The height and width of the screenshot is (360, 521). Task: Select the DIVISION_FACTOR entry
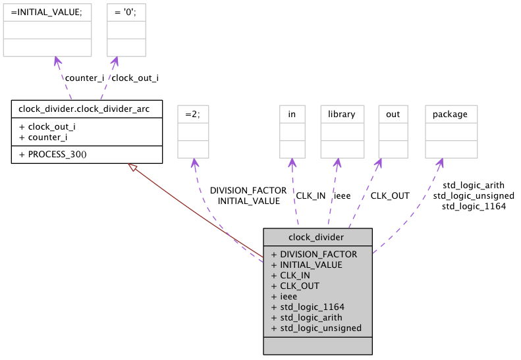(318, 254)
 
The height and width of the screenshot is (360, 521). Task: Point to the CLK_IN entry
(295, 275)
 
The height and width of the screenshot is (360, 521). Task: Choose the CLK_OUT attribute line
(298, 286)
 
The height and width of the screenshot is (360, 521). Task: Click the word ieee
(288, 296)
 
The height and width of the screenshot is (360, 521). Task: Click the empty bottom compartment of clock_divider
(317, 345)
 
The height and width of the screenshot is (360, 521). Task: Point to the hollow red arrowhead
(132, 168)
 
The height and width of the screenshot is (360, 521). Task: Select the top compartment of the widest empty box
(47, 13)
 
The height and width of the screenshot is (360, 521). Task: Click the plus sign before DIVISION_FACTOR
(273, 254)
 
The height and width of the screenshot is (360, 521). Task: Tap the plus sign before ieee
(273, 296)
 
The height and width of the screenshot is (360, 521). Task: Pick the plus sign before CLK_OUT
(273, 286)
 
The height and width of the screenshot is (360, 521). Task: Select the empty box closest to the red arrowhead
(193, 132)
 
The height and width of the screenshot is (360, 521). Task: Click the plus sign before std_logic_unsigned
(273, 328)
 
